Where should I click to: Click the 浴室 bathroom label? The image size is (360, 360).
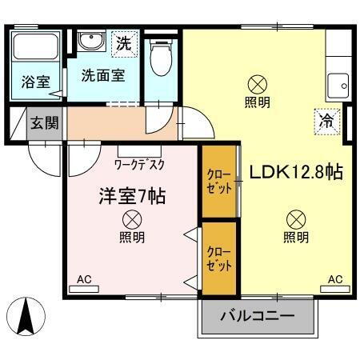coord(34,81)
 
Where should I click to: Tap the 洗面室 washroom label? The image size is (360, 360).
coord(100,76)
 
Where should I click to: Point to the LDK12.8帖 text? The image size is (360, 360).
coord(296,172)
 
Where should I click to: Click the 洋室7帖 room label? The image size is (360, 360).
coord(131,195)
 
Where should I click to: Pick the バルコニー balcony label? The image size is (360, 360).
coord(258,316)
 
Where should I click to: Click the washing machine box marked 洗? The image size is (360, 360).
coord(123,43)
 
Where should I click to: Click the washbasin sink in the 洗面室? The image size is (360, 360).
coord(90,41)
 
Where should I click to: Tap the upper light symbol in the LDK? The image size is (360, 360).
coord(257,82)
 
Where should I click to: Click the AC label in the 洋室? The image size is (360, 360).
coord(84,279)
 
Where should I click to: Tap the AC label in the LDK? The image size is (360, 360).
coord(334,279)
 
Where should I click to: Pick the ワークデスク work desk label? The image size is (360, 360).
coord(140,164)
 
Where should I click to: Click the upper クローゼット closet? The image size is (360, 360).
coord(220,182)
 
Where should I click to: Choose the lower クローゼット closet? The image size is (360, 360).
coord(219,258)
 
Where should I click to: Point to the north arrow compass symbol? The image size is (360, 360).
coord(25,315)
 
